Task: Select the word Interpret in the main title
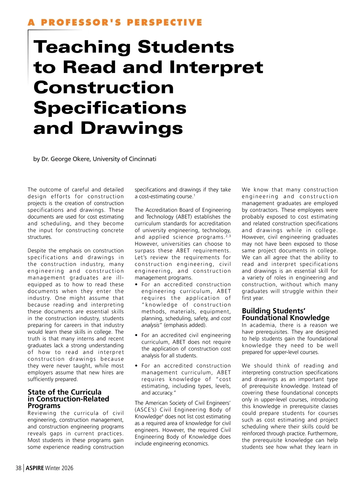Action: tap(216, 67)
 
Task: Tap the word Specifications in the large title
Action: tap(110, 108)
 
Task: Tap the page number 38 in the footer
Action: tap(19, 468)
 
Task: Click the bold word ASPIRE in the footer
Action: tap(35, 468)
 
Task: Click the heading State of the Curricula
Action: tap(64, 392)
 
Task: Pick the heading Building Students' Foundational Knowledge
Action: tap(285, 314)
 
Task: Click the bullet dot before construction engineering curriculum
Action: tap(136, 285)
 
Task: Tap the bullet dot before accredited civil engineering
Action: tap(136, 335)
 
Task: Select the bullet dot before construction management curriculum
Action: tap(136, 366)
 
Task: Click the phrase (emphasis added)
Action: tap(185, 325)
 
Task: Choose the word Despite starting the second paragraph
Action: tap(37, 251)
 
